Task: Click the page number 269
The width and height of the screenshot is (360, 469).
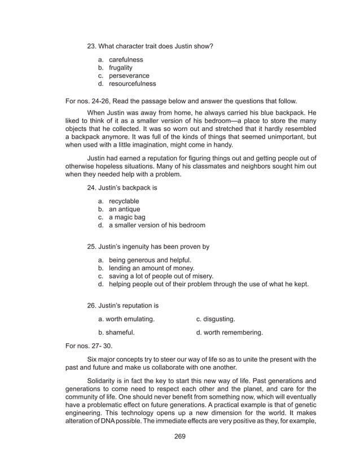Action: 180,436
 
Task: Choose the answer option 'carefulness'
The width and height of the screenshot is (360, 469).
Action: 125,59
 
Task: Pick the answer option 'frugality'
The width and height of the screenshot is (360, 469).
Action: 121,68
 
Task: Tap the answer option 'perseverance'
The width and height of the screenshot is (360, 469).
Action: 129,76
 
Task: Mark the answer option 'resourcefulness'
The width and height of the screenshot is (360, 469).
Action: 132,84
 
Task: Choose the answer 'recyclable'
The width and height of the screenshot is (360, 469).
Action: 124,201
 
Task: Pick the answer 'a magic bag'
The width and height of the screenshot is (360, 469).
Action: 126,217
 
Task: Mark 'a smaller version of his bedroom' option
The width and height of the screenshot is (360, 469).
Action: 156,225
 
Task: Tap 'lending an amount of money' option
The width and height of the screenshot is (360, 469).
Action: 151,268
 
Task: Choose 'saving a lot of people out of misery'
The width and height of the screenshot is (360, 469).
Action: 161,276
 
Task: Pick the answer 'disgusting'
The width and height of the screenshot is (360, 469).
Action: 216,319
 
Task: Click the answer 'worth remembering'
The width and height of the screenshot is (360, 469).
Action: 229,333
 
